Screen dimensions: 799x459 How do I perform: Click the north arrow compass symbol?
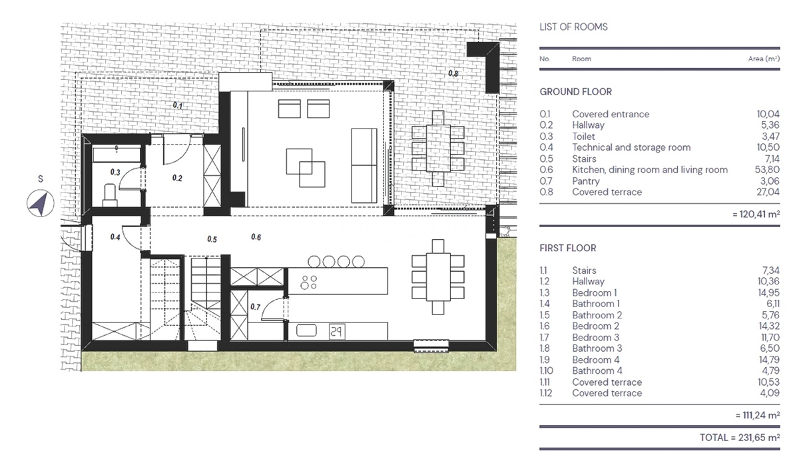(41, 203)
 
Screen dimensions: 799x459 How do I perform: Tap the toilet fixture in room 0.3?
(110, 195)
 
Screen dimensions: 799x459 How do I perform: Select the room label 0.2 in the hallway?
(177, 178)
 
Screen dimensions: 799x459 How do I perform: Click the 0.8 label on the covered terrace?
(453, 73)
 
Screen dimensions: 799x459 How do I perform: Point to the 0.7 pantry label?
(256, 306)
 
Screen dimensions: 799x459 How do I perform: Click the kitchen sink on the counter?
(306, 331)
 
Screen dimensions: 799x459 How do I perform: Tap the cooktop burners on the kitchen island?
(308, 282)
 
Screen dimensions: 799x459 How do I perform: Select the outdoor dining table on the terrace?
(438, 148)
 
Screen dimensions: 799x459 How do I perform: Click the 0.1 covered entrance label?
(178, 106)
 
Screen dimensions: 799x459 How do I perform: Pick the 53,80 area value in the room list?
(767, 169)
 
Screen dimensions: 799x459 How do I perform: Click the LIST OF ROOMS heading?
(573, 27)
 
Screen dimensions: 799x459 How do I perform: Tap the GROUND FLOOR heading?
(575, 92)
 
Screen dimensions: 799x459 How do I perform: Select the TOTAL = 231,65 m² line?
(740, 438)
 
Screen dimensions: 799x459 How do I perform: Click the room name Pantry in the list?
(586, 181)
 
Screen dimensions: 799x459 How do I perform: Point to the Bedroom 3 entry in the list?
(596, 337)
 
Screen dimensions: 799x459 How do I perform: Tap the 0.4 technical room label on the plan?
(115, 237)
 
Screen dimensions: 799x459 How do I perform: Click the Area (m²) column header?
(764, 59)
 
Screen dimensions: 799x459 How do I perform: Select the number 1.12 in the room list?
(546, 393)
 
